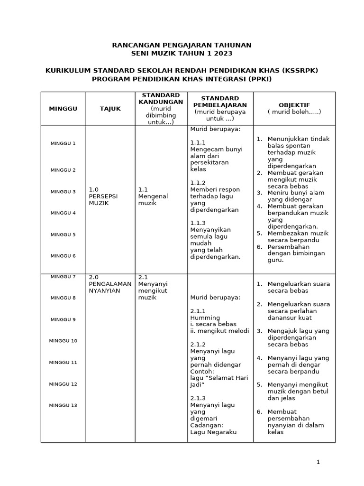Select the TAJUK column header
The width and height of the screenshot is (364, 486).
click(110, 109)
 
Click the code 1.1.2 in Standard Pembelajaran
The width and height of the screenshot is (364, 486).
click(198, 183)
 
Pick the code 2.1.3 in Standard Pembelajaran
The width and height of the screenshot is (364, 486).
click(198, 398)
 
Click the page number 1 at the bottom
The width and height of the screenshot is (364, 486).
click(318, 462)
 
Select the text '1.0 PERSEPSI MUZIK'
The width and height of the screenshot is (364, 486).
click(103, 196)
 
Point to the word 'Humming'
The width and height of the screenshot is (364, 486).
click(205, 318)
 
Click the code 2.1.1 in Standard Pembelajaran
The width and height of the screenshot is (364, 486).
click(198, 311)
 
